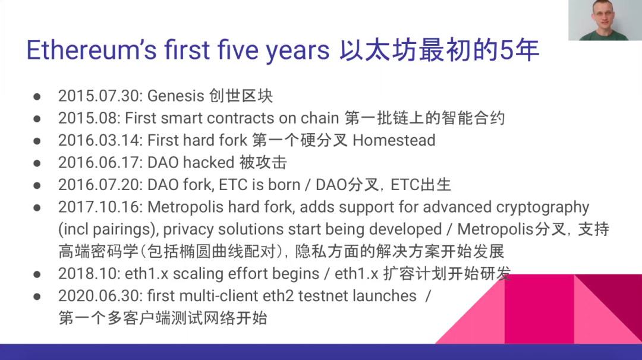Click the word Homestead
[x=394, y=140]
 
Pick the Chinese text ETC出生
[x=420, y=185]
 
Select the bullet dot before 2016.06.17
[x=37, y=163]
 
